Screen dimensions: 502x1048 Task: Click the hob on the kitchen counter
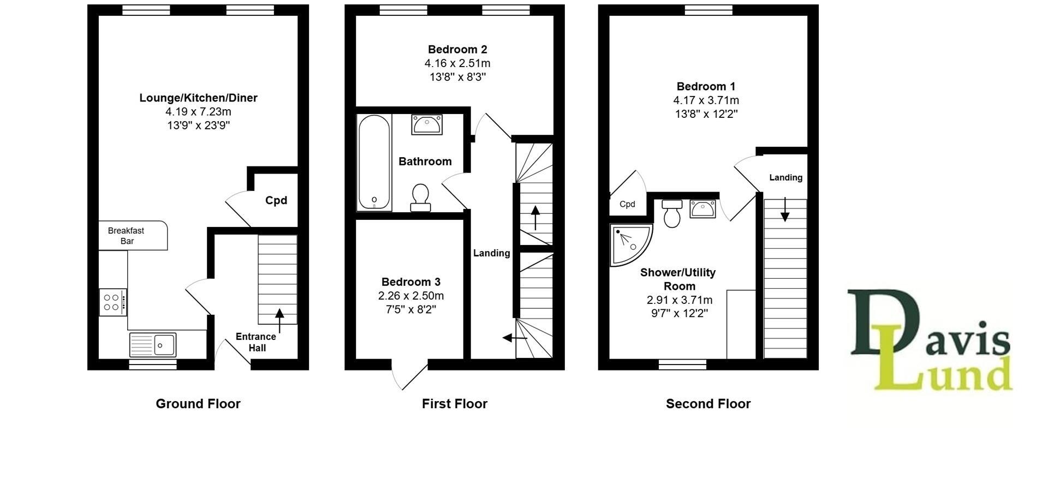112,302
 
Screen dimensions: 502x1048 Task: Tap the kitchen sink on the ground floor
153,345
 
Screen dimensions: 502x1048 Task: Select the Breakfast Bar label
126,236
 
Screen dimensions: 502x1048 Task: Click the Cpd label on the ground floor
276,200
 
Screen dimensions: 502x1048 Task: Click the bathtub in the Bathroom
374,162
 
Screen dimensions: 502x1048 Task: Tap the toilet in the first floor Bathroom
420,198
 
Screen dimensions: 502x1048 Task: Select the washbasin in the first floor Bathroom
427,124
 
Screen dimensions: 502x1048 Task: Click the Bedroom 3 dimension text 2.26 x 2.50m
411,296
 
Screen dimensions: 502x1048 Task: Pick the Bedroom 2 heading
457,50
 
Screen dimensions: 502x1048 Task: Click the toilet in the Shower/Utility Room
672,213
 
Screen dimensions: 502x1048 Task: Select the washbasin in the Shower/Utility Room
702,208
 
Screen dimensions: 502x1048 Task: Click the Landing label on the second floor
785,177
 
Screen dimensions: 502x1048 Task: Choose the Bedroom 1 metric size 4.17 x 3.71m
706,100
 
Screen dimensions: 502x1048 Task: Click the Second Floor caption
708,404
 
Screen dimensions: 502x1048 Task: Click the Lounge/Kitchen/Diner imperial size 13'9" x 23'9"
198,125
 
